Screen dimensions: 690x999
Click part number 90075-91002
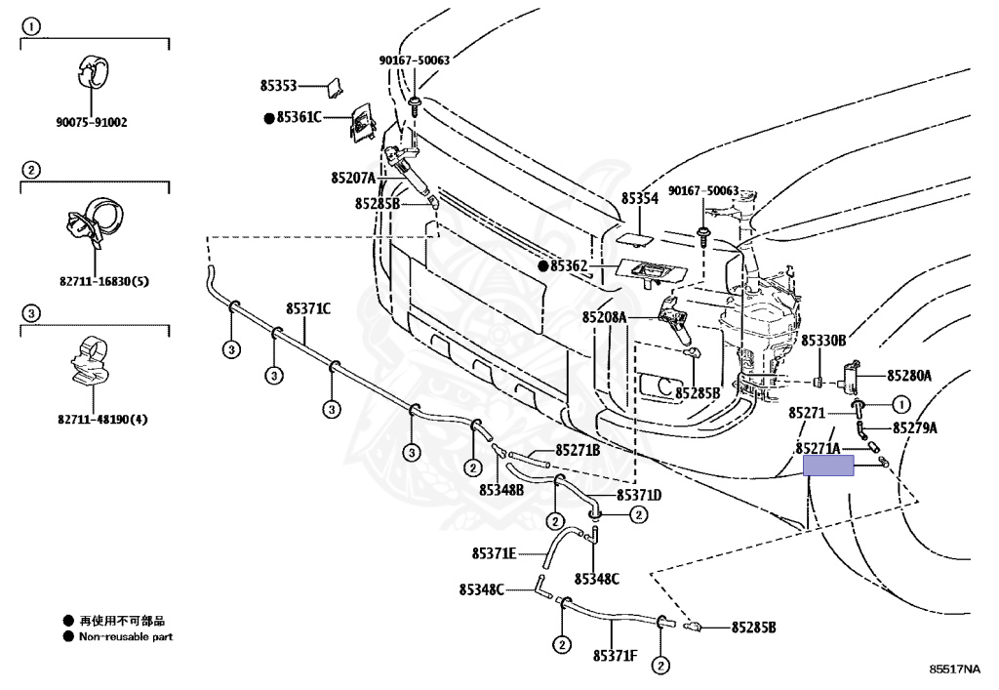92,123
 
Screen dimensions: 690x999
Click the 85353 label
278,86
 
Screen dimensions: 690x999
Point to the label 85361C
299,117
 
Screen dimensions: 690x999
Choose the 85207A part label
353,178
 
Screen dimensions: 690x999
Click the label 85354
640,198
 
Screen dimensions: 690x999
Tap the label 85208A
605,317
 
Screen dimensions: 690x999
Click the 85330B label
823,340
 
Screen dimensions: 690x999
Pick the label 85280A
909,375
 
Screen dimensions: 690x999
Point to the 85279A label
914,427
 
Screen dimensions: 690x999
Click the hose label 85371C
308,308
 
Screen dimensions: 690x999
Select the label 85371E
494,553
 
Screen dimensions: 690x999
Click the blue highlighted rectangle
827,467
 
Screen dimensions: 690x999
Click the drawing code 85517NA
954,670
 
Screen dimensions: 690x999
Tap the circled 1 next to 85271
899,404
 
